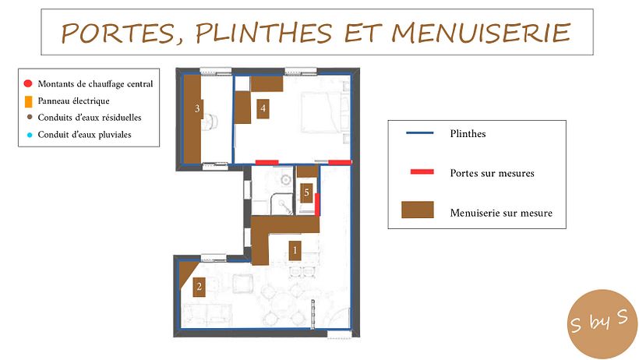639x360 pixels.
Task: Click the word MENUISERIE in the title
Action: click(481, 33)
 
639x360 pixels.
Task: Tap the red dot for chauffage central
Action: click(28, 83)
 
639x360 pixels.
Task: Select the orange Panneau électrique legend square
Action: click(28, 101)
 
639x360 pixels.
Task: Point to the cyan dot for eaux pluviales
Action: click(30, 135)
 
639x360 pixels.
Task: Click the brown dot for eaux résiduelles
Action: click(30, 118)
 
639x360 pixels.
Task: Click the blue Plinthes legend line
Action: click(420, 133)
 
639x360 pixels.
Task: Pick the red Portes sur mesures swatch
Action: click(422, 172)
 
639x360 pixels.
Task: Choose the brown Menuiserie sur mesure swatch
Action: click(418, 210)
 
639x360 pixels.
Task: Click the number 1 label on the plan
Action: click(295, 250)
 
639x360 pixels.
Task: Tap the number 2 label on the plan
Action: click(199, 287)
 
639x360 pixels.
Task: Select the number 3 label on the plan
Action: click(197, 108)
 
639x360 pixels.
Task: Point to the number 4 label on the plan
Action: click(263, 108)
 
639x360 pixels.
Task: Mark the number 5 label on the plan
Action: click(306, 192)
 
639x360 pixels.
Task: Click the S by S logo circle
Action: click(602, 324)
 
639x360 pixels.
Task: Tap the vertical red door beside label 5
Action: click(317, 204)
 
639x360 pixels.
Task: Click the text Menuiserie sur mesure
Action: click(501, 213)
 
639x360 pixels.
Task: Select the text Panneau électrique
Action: click(74, 101)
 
